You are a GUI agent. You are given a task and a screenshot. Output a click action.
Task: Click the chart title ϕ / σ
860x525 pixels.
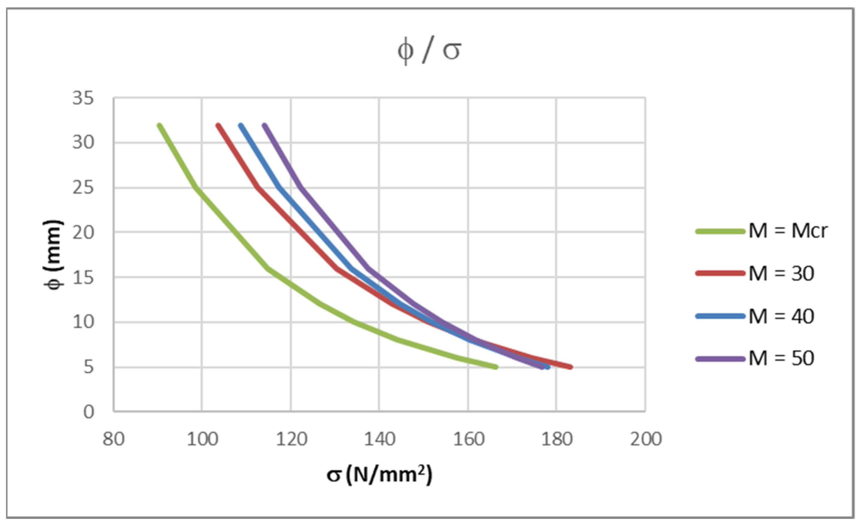tap(429, 51)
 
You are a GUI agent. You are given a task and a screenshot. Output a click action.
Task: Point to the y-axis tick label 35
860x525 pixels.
tap(83, 98)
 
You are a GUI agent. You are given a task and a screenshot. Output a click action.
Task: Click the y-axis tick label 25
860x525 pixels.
tap(83, 188)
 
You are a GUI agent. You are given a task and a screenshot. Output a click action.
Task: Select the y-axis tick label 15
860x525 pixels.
tap(83, 278)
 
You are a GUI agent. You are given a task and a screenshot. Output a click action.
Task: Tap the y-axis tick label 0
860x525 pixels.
tap(89, 412)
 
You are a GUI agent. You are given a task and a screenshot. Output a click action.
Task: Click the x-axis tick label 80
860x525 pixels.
tap(114, 439)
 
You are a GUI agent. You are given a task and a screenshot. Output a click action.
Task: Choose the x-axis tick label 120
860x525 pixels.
tap(291, 439)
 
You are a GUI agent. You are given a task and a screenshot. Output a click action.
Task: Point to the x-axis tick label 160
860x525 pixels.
tap(468, 439)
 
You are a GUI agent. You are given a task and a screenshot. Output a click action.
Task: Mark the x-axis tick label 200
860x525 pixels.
tap(646, 439)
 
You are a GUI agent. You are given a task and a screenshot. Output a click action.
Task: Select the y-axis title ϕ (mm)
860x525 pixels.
tap(53, 254)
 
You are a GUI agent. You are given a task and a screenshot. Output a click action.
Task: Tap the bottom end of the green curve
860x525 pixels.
tap(496, 367)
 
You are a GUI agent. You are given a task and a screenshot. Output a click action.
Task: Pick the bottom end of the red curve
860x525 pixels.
tap(570, 367)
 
